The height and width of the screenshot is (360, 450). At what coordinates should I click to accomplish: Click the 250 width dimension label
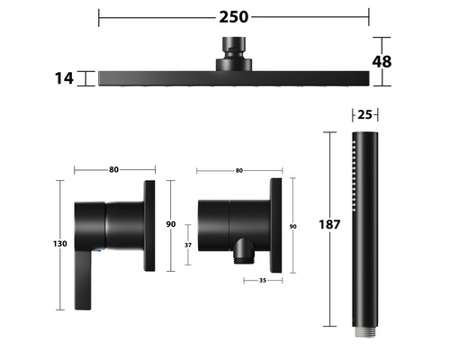tap(234, 17)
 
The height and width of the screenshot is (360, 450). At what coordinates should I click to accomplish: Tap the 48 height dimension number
tap(382, 62)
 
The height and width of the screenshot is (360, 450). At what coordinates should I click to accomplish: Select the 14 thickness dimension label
tap(64, 78)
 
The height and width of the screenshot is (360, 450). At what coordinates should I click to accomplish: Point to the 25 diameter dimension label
tap(364, 114)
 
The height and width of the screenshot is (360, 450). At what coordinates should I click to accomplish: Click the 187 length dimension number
tap(329, 224)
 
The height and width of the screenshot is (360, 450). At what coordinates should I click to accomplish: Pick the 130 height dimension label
tap(60, 244)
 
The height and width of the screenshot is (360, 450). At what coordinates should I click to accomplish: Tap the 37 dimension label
tap(188, 245)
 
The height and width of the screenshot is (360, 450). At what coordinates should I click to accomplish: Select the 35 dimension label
tap(263, 280)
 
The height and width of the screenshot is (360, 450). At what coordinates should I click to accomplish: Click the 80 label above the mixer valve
tap(113, 170)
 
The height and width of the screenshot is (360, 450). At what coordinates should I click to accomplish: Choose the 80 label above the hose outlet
tap(238, 170)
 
